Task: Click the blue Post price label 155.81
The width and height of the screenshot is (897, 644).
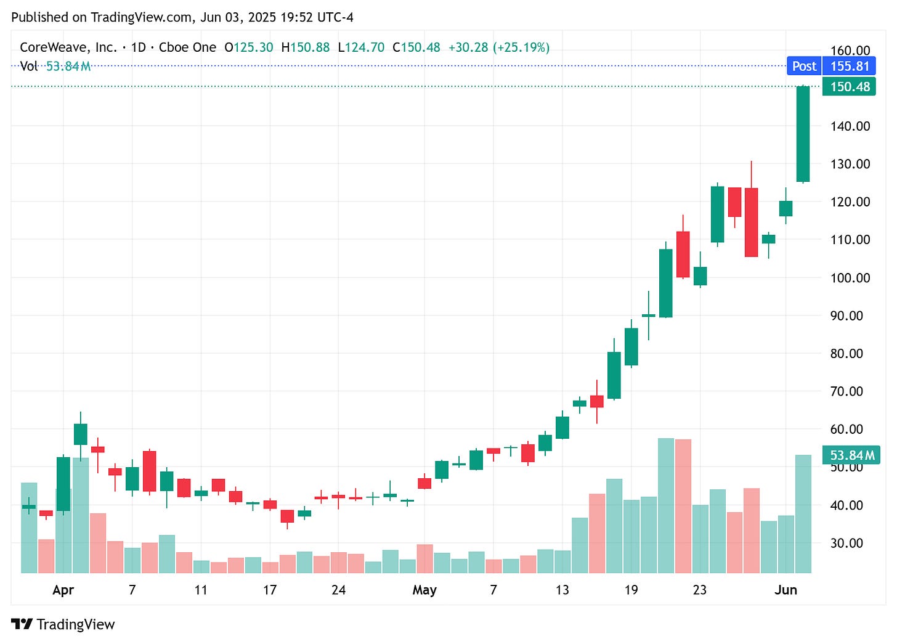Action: pyautogui.click(x=831, y=66)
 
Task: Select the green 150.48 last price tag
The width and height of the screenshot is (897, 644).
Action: pyautogui.click(x=849, y=86)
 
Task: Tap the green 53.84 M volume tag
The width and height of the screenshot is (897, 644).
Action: pyautogui.click(x=851, y=455)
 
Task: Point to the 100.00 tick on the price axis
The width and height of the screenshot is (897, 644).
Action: pyautogui.click(x=850, y=277)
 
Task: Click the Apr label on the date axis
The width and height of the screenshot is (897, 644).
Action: pyautogui.click(x=63, y=590)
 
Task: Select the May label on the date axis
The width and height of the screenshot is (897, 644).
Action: pyautogui.click(x=424, y=590)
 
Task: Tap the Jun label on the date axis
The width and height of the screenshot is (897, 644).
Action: pyautogui.click(x=785, y=590)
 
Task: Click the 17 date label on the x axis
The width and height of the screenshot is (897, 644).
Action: pyautogui.click(x=269, y=590)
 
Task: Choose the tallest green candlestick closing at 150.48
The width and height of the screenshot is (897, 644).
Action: pyautogui.click(x=803, y=134)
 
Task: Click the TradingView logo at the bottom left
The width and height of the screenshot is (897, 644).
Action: pyautogui.click(x=63, y=624)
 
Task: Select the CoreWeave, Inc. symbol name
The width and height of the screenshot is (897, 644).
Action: pyautogui.click(x=68, y=47)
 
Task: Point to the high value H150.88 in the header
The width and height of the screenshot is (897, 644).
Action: pyautogui.click(x=305, y=47)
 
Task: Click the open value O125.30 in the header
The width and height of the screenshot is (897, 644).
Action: pyautogui.click(x=248, y=47)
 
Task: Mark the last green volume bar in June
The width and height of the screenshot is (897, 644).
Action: pyautogui.click(x=803, y=513)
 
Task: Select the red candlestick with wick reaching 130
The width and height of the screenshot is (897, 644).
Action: pyautogui.click(x=751, y=222)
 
